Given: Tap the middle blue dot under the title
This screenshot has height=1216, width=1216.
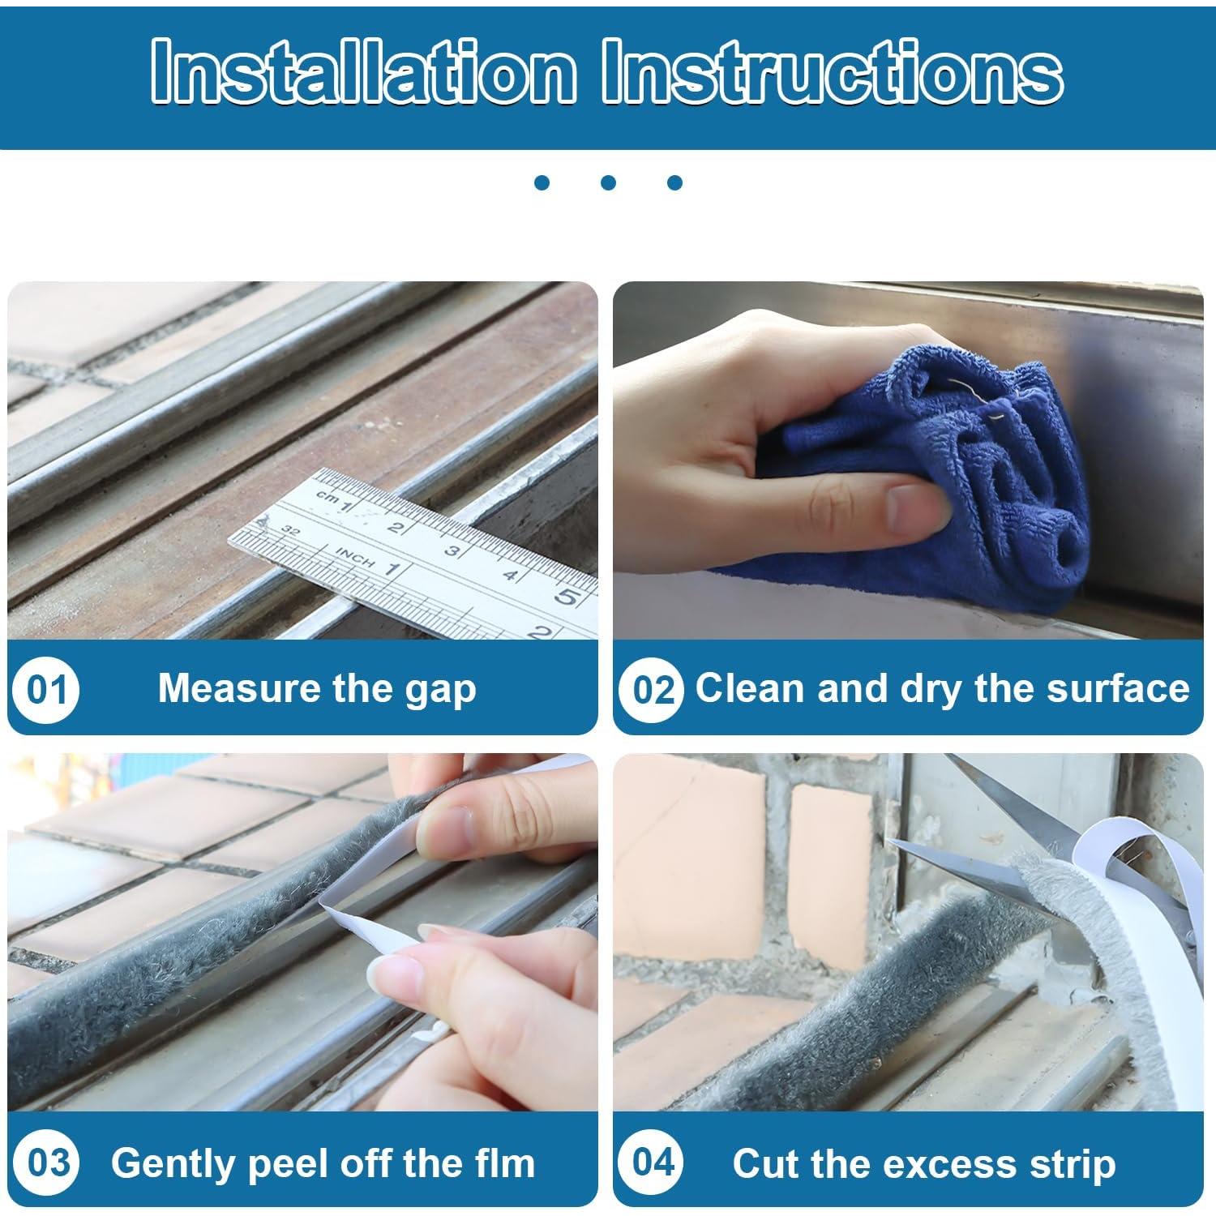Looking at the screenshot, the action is pyautogui.click(x=608, y=182).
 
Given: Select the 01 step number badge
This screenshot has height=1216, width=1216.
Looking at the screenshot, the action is pyautogui.click(x=46, y=690).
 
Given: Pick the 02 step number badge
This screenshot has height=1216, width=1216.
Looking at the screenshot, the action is pyautogui.click(x=653, y=690).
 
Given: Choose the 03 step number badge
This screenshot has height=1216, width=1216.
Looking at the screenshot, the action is pyautogui.click(x=46, y=1162).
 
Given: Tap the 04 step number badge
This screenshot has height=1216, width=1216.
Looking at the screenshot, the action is pyautogui.click(x=653, y=1162).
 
